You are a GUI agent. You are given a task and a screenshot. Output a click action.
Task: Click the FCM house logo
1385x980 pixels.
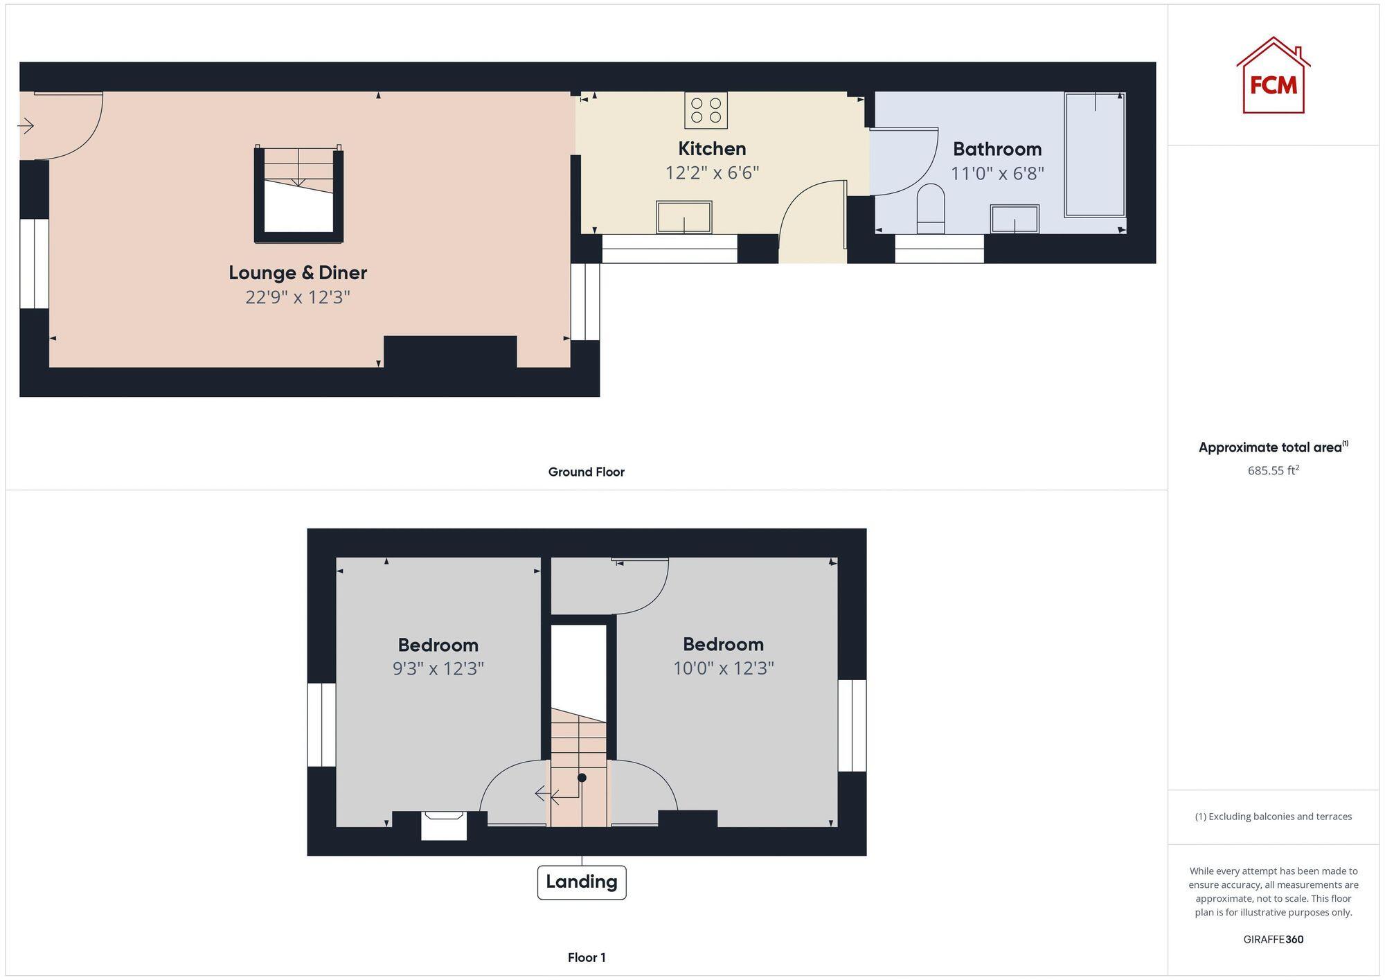[x=1273, y=76]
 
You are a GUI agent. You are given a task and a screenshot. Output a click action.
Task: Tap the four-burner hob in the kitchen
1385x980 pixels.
[x=706, y=110]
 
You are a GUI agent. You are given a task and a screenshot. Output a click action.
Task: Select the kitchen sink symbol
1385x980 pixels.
[x=683, y=217]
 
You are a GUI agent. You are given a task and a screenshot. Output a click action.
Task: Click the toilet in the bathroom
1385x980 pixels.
[x=930, y=208]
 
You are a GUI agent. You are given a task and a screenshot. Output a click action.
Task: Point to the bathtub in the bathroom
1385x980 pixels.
[x=1095, y=154]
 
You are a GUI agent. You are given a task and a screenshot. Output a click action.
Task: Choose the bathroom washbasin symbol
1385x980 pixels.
[x=1015, y=220]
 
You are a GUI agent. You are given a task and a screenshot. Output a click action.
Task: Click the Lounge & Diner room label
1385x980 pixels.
[x=298, y=273]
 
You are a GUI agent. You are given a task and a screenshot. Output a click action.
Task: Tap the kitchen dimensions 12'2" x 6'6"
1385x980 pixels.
[x=712, y=172]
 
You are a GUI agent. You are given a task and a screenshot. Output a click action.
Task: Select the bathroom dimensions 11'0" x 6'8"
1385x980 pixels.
[x=997, y=173]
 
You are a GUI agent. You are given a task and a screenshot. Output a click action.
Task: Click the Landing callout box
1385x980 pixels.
[x=582, y=882]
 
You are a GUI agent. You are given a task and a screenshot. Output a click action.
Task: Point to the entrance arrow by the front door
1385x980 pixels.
[x=26, y=126]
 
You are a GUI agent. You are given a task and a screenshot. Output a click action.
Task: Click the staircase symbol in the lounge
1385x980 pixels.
[x=298, y=195]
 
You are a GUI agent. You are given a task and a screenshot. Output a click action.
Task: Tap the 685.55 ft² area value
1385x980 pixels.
[x=1273, y=470]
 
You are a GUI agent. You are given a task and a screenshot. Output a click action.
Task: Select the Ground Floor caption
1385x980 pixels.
[x=586, y=472]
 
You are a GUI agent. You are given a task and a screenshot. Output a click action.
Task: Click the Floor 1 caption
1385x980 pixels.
[x=587, y=958]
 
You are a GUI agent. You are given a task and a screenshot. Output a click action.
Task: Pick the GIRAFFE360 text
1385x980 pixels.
[x=1273, y=940]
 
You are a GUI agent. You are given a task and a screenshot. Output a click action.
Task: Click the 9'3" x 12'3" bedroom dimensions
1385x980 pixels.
[x=438, y=669]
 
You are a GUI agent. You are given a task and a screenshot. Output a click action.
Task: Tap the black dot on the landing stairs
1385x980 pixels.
[x=582, y=778]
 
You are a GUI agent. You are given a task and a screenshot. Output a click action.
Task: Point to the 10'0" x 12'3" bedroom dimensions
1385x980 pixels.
[x=723, y=668]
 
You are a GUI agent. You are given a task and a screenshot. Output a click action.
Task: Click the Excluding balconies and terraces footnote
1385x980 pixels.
[x=1273, y=817]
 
